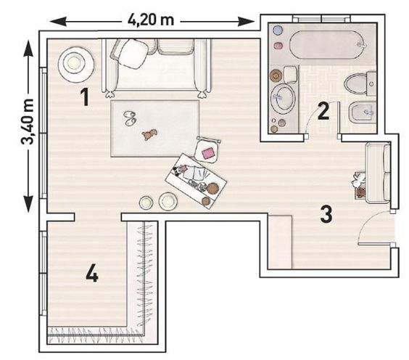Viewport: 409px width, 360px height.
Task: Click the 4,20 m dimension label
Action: click(151, 20)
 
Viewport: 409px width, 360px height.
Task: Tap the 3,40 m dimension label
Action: click(28, 122)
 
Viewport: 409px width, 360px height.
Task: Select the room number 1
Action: click(85, 97)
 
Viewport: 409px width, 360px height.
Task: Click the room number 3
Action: click(326, 214)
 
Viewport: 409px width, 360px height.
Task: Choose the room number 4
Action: click(92, 273)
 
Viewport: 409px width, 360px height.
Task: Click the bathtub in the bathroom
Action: click(327, 45)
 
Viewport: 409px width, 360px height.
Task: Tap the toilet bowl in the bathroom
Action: click(356, 83)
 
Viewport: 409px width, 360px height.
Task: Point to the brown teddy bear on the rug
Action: click(149, 134)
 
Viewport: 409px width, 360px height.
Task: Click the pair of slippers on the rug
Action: click(130, 118)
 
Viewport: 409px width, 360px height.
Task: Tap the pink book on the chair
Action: click(208, 152)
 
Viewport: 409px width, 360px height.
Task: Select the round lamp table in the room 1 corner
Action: click(76, 64)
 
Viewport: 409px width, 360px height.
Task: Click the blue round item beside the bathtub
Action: click(278, 30)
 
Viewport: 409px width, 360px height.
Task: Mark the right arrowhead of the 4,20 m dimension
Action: click(247, 21)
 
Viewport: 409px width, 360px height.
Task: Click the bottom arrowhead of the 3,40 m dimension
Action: click(28, 204)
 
